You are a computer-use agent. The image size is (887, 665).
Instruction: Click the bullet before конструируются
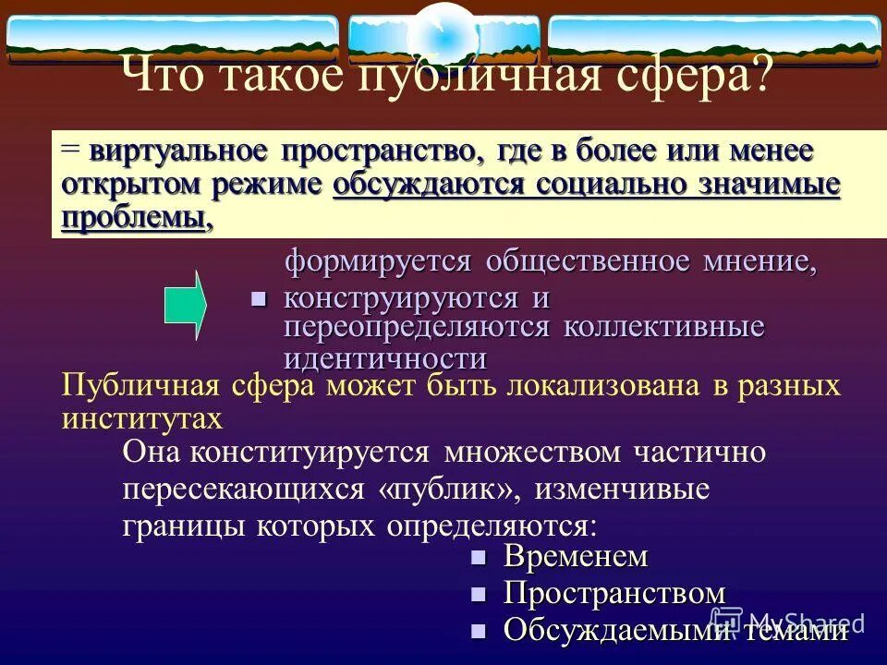pos(259,299)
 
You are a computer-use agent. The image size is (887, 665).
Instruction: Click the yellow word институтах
pos(142,417)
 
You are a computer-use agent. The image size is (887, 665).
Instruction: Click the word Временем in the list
pos(576,557)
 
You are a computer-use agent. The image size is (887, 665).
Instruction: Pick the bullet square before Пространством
pos(478,593)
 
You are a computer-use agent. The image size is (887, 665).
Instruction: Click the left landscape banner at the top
pos(173,40)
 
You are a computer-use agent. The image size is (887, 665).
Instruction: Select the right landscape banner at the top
pos(714,40)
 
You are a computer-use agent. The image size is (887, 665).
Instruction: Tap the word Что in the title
pos(156,73)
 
